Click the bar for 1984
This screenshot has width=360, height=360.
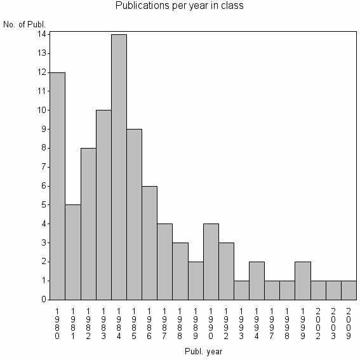(119, 166)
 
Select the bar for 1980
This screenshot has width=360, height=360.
(57, 185)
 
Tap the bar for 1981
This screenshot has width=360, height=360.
(72, 251)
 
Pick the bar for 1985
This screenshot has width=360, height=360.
(134, 214)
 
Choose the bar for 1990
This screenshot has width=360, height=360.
(211, 261)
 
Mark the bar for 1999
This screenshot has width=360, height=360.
(303, 280)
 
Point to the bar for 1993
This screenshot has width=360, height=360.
(241, 290)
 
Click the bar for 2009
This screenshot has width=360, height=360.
(349, 290)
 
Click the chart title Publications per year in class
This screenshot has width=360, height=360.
(179, 6)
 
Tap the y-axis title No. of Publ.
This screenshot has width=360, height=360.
(25, 25)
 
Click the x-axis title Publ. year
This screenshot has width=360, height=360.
(204, 350)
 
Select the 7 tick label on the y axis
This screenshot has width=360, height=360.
(43, 166)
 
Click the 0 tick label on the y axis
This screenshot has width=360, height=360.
(43, 299)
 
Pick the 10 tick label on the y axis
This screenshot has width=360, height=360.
(41, 110)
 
